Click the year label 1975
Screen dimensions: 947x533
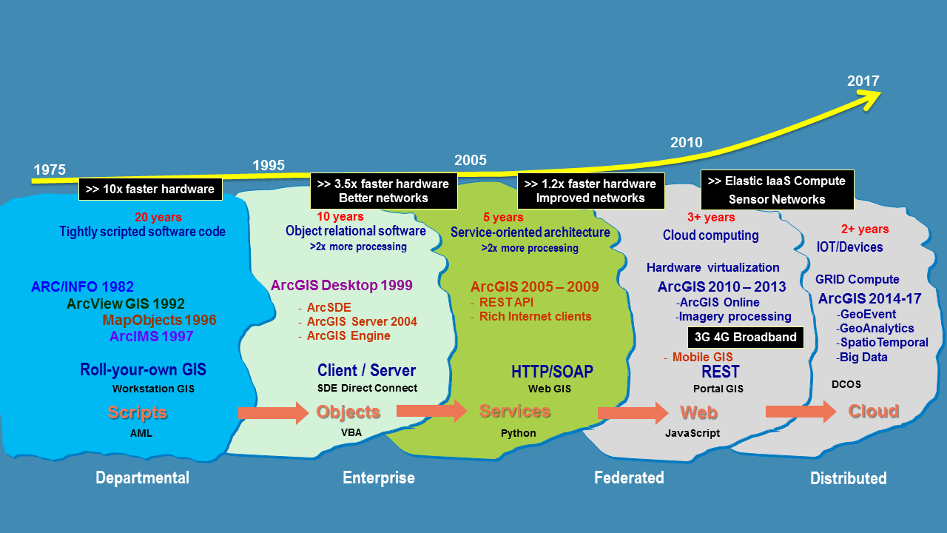tap(50, 170)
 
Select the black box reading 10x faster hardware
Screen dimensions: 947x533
tap(150, 189)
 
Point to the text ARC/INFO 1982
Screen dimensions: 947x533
tap(82, 287)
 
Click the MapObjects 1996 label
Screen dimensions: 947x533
tap(159, 320)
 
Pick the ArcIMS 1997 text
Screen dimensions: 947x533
tap(151, 336)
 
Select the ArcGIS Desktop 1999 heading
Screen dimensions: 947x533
tap(342, 285)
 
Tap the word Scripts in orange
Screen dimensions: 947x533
tap(138, 412)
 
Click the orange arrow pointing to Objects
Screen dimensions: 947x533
tap(272, 412)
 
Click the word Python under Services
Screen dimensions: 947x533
tap(518, 433)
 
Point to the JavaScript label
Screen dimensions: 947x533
tap(692, 433)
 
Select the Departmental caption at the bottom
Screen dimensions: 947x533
tap(142, 477)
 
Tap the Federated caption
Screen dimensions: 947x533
tap(629, 477)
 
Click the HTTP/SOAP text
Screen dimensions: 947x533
tap(552, 371)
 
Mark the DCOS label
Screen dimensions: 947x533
tap(846, 384)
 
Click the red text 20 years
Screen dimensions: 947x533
tap(158, 218)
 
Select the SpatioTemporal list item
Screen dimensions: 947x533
tap(883, 343)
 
